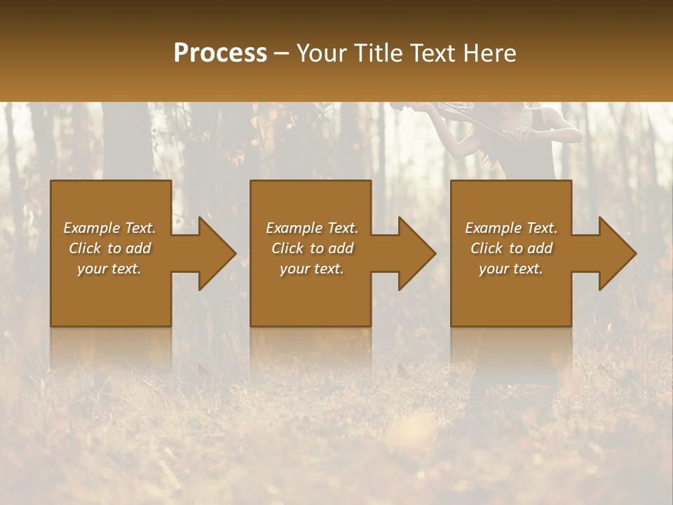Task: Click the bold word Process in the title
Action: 220,53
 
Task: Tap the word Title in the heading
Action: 376,53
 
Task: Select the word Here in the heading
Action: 489,53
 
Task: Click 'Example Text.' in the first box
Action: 109,228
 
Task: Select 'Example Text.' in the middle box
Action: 311,228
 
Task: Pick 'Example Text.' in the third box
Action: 511,228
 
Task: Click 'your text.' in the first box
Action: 109,269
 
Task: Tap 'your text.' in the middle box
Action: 311,269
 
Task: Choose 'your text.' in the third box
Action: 511,269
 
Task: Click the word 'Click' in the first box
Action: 85,248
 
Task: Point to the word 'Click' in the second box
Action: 287,248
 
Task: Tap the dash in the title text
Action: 282,54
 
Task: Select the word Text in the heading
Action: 432,53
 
